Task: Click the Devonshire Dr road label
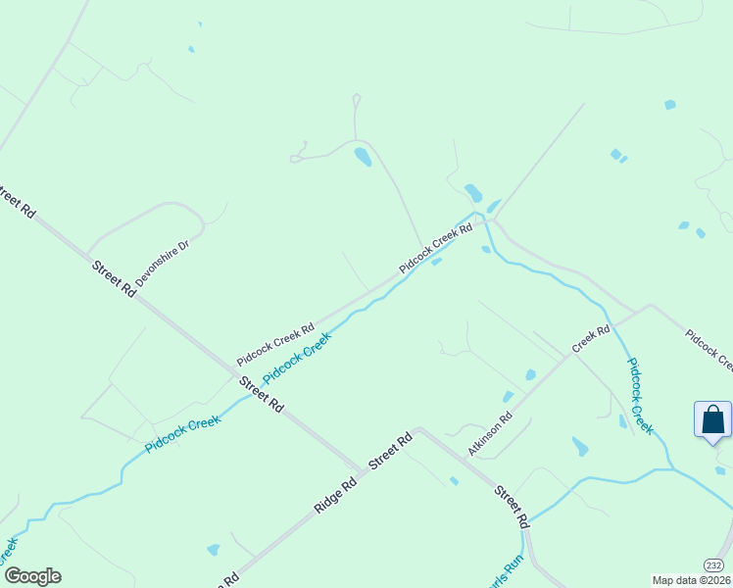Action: coord(161,263)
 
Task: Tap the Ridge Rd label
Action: coord(335,494)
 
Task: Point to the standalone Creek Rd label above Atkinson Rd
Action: coord(591,341)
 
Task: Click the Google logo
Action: coord(32,576)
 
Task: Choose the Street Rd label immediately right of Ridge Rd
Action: coord(390,452)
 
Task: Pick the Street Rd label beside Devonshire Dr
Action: coord(114,278)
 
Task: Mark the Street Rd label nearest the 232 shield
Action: coord(511,506)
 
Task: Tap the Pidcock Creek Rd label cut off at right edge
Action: coord(709,351)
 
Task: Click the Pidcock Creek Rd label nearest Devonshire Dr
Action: coord(274,345)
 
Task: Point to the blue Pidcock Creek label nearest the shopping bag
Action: coord(639,395)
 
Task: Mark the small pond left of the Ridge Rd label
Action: coord(213,550)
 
